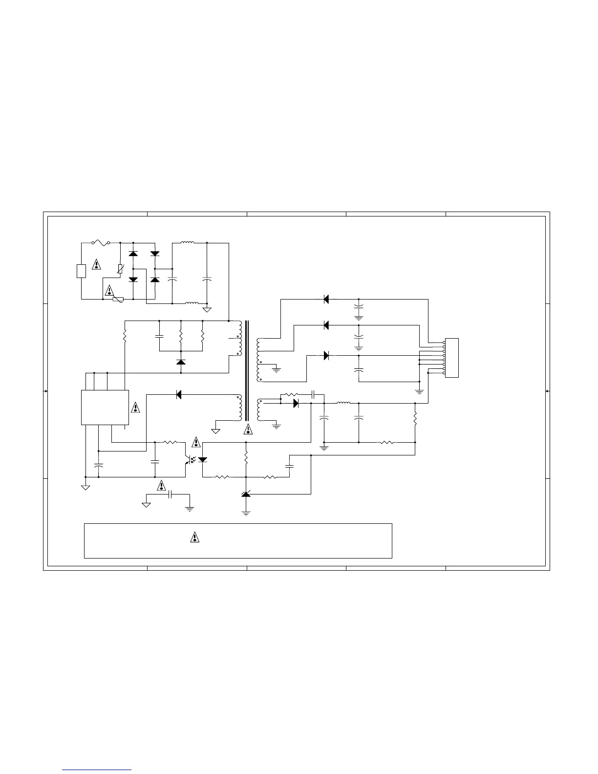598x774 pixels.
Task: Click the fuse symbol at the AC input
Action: (101, 242)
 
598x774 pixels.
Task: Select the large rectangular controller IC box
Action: (105, 408)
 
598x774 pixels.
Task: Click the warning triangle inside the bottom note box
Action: (194, 537)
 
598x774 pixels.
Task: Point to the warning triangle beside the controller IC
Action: (136, 407)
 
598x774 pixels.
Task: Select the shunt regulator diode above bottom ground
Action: (246, 494)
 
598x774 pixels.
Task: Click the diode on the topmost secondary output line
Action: (326, 299)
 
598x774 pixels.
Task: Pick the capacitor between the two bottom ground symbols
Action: (170, 494)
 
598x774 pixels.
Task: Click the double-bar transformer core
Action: (247, 370)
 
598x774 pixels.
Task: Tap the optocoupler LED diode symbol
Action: (203, 459)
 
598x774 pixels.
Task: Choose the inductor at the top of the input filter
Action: (188, 242)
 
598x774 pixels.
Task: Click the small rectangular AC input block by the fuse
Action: (82, 271)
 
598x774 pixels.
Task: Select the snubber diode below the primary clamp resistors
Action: (181, 362)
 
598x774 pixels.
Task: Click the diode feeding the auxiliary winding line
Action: (179, 394)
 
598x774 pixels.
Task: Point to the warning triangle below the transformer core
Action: (249, 429)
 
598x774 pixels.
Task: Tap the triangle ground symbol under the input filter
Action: (207, 310)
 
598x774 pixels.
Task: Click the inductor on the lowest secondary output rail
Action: (343, 403)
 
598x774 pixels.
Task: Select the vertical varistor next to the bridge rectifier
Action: (120, 269)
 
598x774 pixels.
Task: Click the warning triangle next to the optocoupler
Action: (196, 442)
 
